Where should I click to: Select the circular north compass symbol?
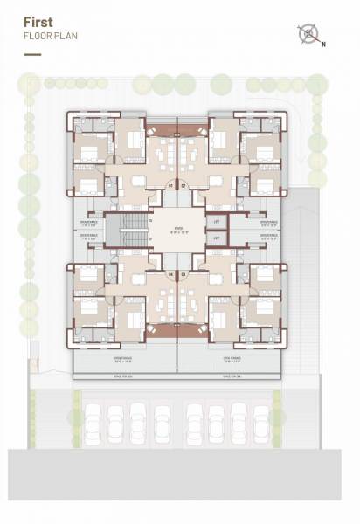pyautogui.click(x=308, y=34)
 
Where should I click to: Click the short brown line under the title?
pyautogui.click(x=32, y=54)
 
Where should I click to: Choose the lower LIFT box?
pyautogui.click(x=217, y=238)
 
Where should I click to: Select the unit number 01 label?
pyautogui.click(x=171, y=185)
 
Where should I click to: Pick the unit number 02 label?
pyautogui.click(x=183, y=185)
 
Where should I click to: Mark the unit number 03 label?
pyautogui.click(x=171, y=273)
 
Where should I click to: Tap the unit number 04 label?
pyautogui.click(x=183, y=273)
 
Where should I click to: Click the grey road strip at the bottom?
pyautogui.click(x=180, y=485)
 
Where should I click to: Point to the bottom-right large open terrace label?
pyautogui.click(x=232, y=359)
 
